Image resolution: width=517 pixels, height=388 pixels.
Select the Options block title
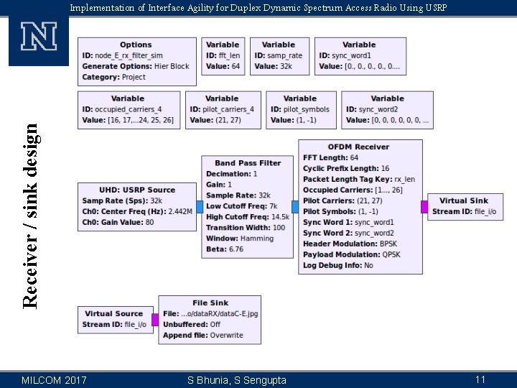(x=136, y=45)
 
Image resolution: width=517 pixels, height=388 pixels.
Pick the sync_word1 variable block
(x=359, y=55)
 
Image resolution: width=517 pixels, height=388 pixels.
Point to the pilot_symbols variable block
(x=299, y=109)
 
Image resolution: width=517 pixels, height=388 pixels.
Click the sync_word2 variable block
(x=387, y=109)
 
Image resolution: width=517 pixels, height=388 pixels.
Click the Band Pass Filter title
(x=248, y=163)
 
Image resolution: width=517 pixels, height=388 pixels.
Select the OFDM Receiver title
(x=358, y=147)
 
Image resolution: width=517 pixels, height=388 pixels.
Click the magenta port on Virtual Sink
(x=424, y=207)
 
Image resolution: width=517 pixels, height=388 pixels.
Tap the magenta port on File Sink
(x=155, y=320)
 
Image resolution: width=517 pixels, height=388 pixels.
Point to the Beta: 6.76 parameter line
(x=225, y=249)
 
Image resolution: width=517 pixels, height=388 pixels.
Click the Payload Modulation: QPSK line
(x=351, y=254)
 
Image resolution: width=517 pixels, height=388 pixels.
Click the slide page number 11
(x=480, y=379)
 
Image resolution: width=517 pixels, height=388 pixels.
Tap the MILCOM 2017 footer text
(x=55, y=379)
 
